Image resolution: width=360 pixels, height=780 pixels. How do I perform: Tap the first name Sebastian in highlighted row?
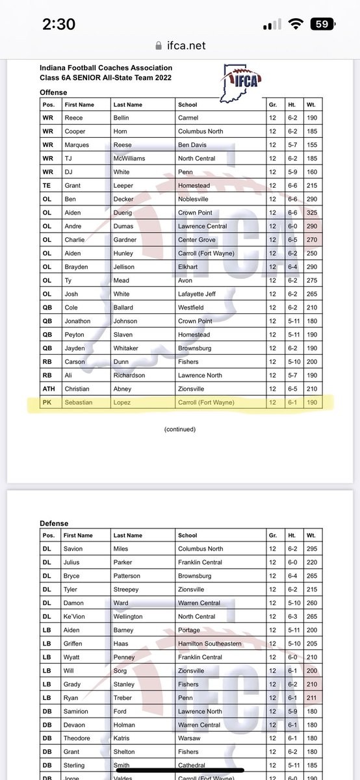pos(79,402)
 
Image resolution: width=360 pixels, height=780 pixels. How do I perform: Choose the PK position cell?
pos(47,402)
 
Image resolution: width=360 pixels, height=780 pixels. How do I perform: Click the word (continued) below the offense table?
pos(180,429)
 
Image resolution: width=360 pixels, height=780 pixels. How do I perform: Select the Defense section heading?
pos(54,523)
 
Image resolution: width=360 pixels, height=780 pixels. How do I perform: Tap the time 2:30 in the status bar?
pos(58,25)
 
